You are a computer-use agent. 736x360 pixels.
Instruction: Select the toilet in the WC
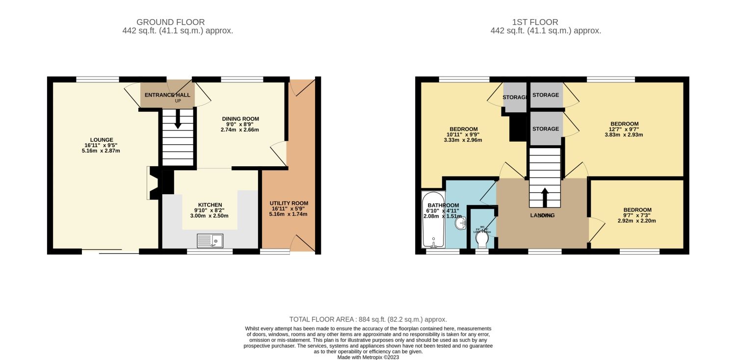point(482,240)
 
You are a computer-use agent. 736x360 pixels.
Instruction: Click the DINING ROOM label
point(240,119)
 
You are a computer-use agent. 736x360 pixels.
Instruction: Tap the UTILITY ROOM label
point(289,203)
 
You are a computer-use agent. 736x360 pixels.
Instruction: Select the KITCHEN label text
point(210,205)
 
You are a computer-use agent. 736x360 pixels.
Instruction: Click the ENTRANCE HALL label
point(167,95)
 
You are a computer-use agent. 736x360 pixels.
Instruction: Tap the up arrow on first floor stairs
point(544,197)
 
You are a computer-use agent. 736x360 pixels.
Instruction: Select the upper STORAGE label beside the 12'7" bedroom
point(545,95)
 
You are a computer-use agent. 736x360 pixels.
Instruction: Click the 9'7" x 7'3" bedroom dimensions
point(637,215)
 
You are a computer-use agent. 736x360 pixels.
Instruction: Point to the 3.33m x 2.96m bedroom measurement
point(460,140)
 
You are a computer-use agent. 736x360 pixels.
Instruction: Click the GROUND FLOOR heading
point(170,22)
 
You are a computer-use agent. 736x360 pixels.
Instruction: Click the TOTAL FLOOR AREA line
point(368,319)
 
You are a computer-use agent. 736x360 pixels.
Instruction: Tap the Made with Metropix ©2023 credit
point(368,357)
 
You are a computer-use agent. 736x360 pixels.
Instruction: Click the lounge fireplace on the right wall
point(154,183)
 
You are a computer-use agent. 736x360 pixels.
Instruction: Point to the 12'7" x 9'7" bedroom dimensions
point(624,129)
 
